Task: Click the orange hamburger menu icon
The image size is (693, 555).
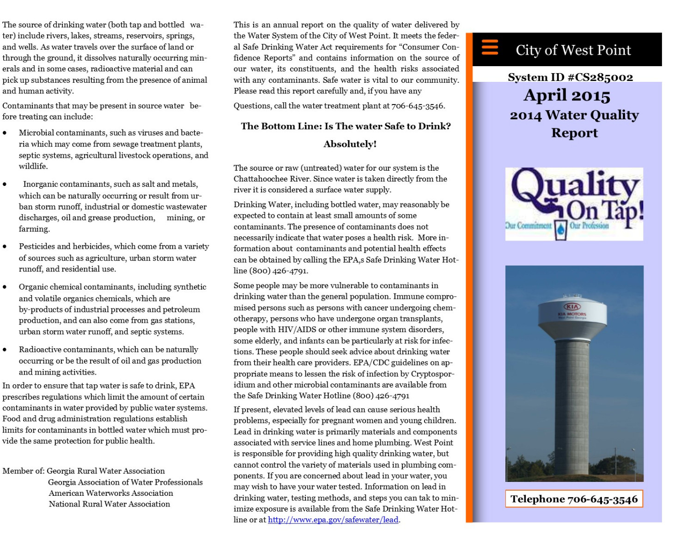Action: pyautogui.click(x=490, y=47)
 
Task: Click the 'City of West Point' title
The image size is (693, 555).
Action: pyautogui.click(x=573, y=50)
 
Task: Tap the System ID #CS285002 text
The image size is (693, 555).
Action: pyautogui.click(x=570, y=77)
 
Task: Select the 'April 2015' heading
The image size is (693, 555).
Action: pyautogui.click(x=567, y=96)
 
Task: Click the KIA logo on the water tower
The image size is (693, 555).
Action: pyautogui.click(x=572, y=306)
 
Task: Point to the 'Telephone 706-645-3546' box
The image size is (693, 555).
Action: pyautogui.click(x=574, y=499)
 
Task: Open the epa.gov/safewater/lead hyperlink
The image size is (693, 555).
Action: pyautogui.click(x=333, y=520)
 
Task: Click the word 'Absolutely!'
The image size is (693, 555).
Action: pyautogui.click(x=350, y=144)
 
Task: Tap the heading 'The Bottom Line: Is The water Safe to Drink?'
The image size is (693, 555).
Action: pyautogui.click(x=346, y=126)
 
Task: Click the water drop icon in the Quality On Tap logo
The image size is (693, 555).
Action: pyautogui.click(x=561, y=228)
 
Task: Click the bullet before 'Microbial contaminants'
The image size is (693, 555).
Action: pyautogui.click(x=5, y=133)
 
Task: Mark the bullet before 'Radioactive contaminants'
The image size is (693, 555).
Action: pyautogui.click(x=5, y=350)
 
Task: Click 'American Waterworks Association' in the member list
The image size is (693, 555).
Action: pyautogui.click(x=111, y=493)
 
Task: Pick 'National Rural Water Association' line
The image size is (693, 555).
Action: pyautogui.click(x=109, y=504)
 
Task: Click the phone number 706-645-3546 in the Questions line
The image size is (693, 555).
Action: pyautogui.click(x=418, y=106)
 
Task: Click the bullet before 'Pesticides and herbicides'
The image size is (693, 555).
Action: pyautogui.click(x=5, y=247)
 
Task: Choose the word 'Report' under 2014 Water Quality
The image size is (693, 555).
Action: pyautogui.click(x=574, y=133)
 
